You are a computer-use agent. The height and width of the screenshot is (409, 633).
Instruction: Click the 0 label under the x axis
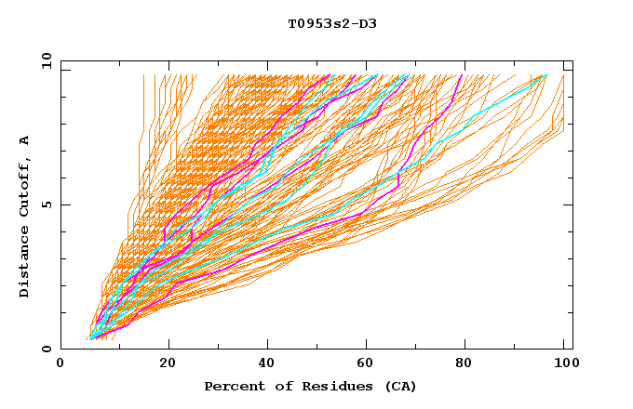61,365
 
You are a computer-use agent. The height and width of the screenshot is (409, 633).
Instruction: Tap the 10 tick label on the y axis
44,60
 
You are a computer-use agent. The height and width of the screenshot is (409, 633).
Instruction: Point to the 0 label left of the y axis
47,349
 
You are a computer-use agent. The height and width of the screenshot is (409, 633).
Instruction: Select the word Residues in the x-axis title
323,387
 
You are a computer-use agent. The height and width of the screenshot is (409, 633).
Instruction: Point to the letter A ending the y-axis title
25,139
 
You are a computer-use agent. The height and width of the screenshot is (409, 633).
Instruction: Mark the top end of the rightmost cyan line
546,75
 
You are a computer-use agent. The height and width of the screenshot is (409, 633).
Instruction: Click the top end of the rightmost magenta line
463,75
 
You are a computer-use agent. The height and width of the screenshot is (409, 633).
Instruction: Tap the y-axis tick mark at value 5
64,204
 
